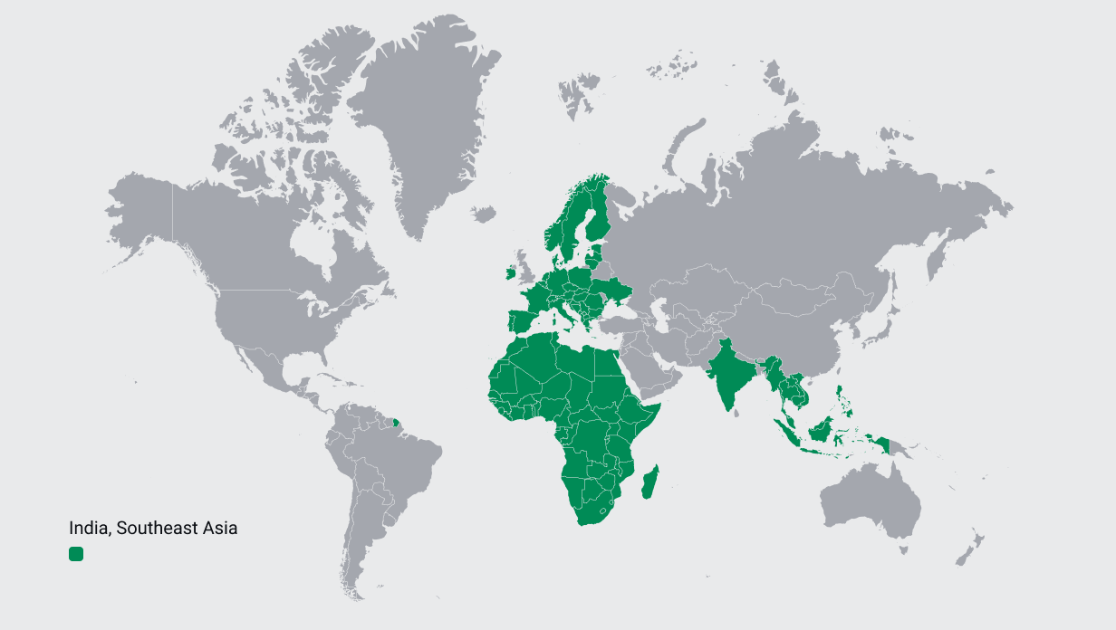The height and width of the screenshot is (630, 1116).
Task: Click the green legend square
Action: (x=76, y=553)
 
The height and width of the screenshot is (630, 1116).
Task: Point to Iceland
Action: (x=484, y=215)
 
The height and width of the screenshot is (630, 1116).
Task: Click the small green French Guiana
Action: (x=396, y=420)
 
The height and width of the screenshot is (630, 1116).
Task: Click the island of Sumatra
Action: (x=787, y=433)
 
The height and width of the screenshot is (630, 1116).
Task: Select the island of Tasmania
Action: (x=900, y=551)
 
